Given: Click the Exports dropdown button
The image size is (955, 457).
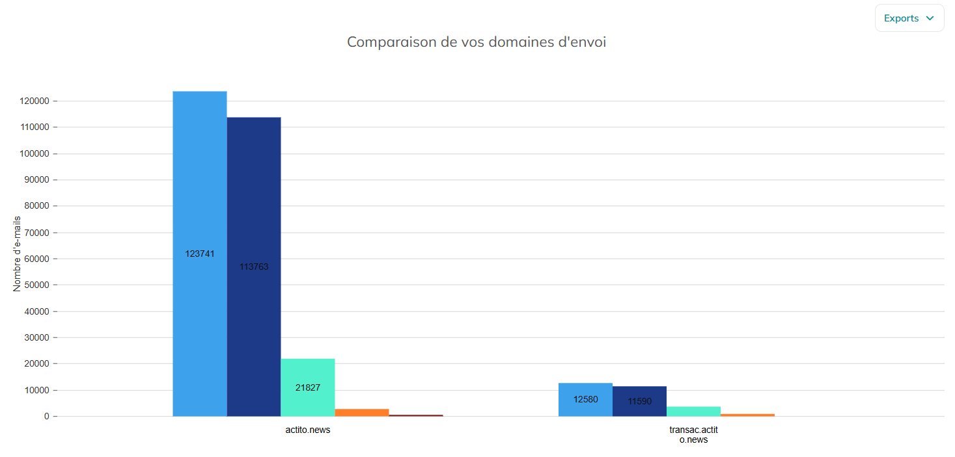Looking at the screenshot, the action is [909, 18].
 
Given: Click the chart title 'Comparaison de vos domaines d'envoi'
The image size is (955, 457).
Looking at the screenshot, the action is [477, 42].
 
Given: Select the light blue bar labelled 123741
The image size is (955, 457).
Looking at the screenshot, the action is [199, 254].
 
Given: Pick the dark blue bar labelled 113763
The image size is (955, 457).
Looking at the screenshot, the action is [254, 267].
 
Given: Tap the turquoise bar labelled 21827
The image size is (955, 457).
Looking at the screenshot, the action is [308, 387].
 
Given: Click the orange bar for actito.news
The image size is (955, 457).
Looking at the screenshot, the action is [362, 412].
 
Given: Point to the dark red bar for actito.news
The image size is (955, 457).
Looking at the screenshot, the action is [416, 415].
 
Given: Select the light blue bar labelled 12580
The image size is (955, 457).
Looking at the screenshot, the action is [585, 400].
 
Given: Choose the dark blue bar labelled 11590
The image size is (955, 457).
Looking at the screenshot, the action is [639, 401].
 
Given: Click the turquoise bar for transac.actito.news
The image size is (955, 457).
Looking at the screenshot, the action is [694, 411].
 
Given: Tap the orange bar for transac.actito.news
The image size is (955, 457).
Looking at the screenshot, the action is [748, 415].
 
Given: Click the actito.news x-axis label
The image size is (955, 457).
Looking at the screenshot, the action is [308, 430].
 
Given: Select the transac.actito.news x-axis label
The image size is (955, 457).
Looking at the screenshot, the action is [694, 434].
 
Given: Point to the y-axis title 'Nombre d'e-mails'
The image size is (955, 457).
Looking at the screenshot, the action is [17, 254].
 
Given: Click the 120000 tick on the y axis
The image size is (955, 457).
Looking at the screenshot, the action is [35, 101].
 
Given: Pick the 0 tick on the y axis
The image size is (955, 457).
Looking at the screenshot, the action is [46, 416].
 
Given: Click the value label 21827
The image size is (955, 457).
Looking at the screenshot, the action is [308, 387].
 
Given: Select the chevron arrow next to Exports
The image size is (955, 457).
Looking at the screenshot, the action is [930, 18].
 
